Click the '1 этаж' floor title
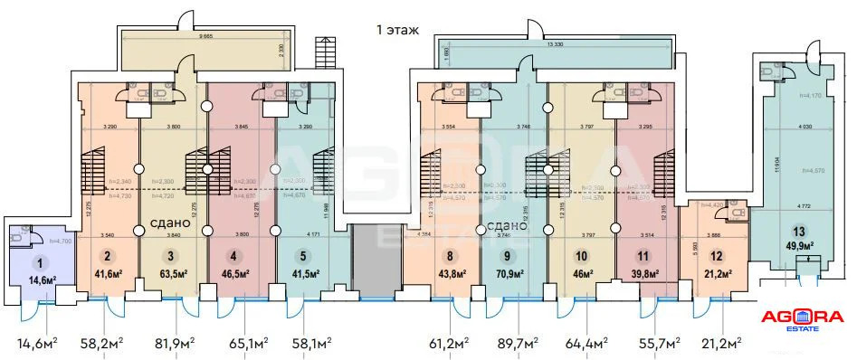398,30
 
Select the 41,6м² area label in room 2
108,271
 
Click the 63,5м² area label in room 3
173,271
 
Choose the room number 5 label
302,256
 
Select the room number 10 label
581,256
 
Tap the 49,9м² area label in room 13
797,246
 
